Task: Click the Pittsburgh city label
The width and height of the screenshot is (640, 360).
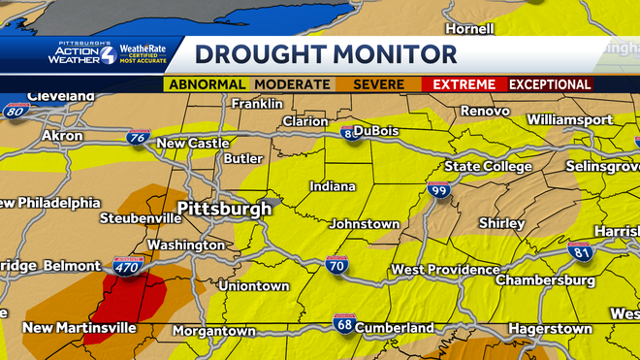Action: (x=225, y=209)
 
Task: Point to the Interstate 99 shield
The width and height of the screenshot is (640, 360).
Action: (x=438, y=191)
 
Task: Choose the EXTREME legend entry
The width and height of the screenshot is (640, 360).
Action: (x=464, y=84)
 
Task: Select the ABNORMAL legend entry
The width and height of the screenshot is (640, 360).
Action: (x=206, y=84)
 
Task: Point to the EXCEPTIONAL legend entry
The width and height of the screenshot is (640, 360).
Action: (x=550, y=84)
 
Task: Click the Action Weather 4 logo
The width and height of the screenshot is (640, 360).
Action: (x=82, y=54)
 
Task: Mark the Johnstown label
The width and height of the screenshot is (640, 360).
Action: (x=365, y=224)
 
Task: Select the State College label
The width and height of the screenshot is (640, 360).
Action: (x=488, y=167)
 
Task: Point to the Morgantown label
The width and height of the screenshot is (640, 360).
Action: (x=214, y=331)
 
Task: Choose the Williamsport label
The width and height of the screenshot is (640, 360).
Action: (x=570, y=119)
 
